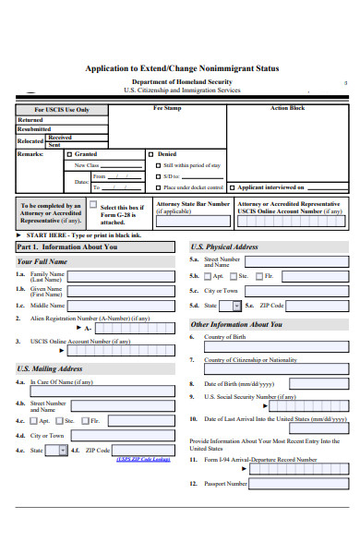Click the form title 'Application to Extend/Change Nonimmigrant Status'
tap(181, 68)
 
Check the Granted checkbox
tap(67, 154)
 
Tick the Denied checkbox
tap(154, 154)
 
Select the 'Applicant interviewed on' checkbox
tap(232, 186)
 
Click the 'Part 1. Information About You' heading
tap(67, 247)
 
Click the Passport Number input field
tap(300, 483)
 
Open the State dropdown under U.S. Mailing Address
tap(63, 451)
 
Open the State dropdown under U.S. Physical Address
tap(236, 306)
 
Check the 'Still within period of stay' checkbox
tap(155, 165)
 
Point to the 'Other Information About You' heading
tap(236, 325)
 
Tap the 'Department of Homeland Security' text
tap(181, 82)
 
